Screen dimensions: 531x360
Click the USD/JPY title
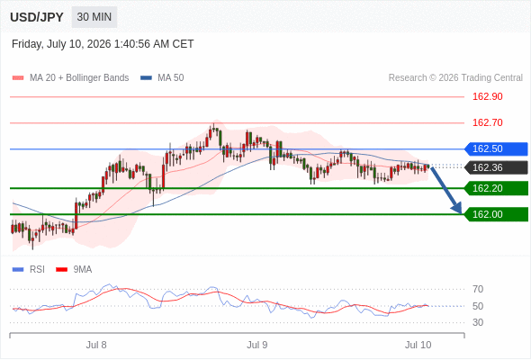[x=37, y=17]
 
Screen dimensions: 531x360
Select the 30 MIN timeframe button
[x=94, y=17]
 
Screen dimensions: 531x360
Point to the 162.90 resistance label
[x=487, y=96]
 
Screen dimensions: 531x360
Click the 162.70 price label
[x=487, y=122]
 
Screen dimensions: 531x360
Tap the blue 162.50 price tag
[x=496, y=149]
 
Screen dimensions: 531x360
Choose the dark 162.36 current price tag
[x=496, y=167]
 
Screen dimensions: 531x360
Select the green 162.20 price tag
[x=496, y=188]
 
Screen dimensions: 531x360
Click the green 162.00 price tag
[x=496, y=214]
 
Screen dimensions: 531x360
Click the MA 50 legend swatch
[x=146, y=78]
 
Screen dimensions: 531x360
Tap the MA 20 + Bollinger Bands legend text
[x=79, y=78]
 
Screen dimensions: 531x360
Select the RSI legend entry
[x=29, y=270]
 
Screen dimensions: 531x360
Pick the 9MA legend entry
[x=74, y=270]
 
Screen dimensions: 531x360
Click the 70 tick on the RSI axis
[x=478, y=289]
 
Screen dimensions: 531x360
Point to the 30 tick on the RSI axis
[x=478, y=322]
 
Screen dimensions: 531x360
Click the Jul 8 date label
[x=96, y=345]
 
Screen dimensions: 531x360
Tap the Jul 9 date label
[x=257, y=345]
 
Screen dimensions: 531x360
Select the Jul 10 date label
[x=418, y=345]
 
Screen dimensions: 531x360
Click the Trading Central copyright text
[x=455, y=78]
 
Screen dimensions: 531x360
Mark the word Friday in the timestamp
[x=27, y=44]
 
